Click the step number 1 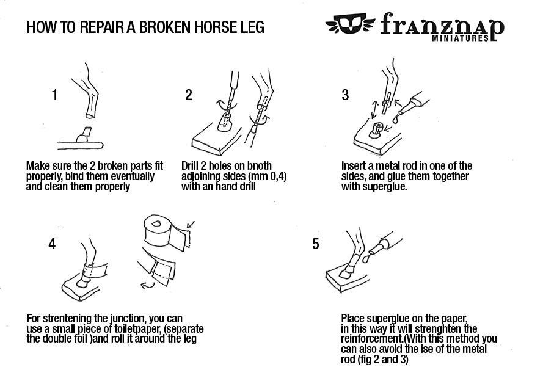click(54, 95)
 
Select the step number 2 click(188, 95)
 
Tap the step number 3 click(345, 95)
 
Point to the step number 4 click(52, 244)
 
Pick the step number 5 click(315, 244)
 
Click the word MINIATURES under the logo click(460, 38)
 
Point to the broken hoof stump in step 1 click(84, 135)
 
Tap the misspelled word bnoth click(259, 165)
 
